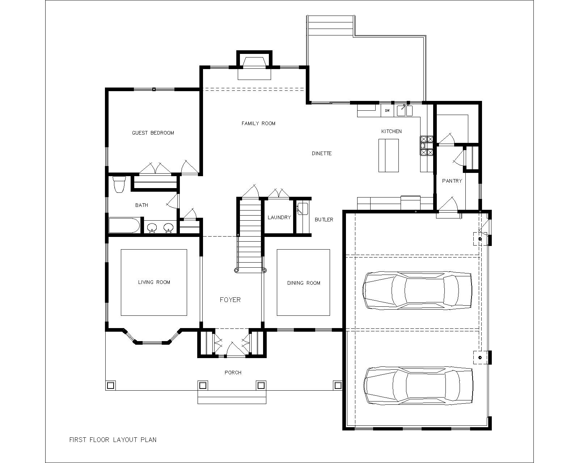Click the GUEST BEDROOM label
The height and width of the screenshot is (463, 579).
point(153,133)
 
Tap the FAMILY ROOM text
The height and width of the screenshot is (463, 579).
point(258,123)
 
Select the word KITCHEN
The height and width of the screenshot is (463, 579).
point(392,131)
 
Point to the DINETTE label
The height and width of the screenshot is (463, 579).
point(321,153)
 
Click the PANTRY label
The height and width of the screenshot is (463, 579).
point(452,181)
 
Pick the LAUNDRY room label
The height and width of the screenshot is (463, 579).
point(279,217)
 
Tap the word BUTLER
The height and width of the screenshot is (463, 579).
point(324,220)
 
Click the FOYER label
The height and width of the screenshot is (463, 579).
point(230,300)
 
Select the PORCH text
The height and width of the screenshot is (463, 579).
point(233,373)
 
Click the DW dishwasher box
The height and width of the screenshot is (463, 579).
point(388,111)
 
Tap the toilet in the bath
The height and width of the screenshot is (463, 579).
point(119,184)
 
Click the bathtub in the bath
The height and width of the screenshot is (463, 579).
point(124,225)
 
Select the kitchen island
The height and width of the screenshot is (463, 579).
point(389,156)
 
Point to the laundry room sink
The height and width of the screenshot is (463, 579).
point(303,209)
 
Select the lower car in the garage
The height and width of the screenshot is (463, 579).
point(418,386)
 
